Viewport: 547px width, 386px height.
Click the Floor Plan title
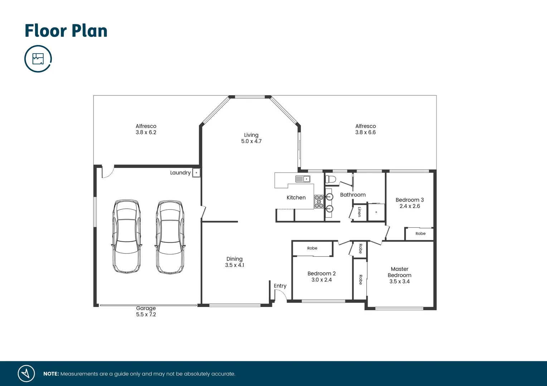(66, 31)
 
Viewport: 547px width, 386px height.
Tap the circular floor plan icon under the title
(38, 59)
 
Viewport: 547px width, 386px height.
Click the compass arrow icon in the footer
(26, 373)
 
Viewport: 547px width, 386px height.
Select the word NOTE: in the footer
(51, 374)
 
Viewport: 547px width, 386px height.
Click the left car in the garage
(126, 237)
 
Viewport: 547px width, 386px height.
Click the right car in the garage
(170, 237)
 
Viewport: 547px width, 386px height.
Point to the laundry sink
(196, 173)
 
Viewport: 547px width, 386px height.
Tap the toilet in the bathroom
(330, 179)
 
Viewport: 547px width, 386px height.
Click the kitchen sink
(302, 179)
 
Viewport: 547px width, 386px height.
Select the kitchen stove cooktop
(319, 202)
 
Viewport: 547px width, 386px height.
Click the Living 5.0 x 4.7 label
(251, 138)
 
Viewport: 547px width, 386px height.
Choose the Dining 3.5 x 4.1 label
(234, 262)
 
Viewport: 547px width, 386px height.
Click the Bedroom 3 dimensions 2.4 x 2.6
(410, 206)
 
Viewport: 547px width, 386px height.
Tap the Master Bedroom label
(400, 272)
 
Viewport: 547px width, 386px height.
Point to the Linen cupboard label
(359, 212)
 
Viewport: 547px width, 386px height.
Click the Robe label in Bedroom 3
(420, 234)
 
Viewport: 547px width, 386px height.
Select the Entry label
(280, 286)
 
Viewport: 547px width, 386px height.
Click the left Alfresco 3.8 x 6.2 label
(146, 129)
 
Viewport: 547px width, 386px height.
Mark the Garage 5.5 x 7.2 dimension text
(146, 315)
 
